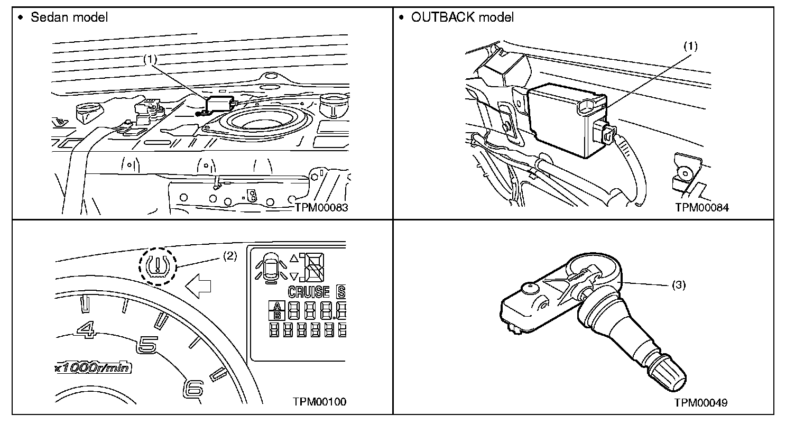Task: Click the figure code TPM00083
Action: click(321, 207)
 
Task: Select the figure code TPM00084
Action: click(701, 207)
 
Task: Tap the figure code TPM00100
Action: click(319, 402)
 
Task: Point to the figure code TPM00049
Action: click(700, 403)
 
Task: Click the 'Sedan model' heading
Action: click(69, 17)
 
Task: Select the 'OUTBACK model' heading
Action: click(462, 17)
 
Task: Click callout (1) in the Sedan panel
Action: click(150, 59)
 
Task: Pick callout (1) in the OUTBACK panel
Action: click(691, 46)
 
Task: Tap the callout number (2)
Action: click(230, 256)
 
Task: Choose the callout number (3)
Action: click(679, 285)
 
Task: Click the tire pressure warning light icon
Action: click(157, 266)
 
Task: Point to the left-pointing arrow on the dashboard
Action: click(198, 286)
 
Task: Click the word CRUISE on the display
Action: click(308, 292)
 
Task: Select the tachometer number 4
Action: click(86, 329)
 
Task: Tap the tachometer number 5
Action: click(147, 345)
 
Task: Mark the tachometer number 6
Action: click(193, 389)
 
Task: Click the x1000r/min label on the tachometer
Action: click(93, 367)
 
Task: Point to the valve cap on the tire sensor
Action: click(666, 374)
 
